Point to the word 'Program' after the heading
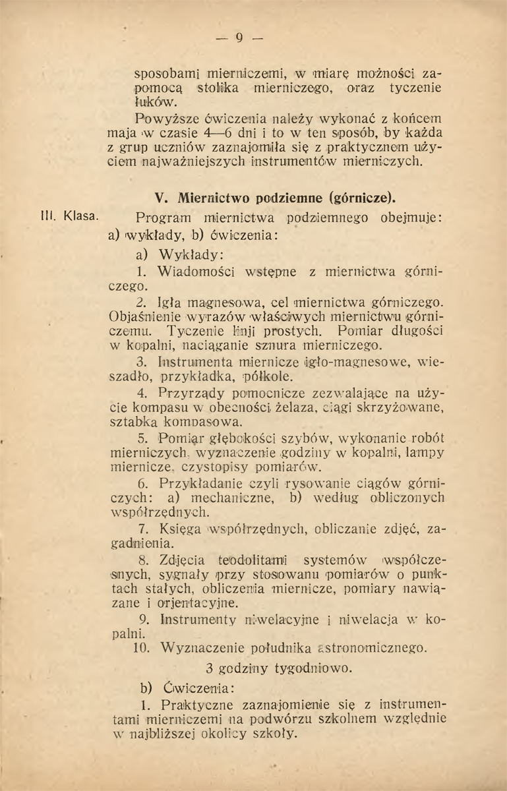pos(162,217)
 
